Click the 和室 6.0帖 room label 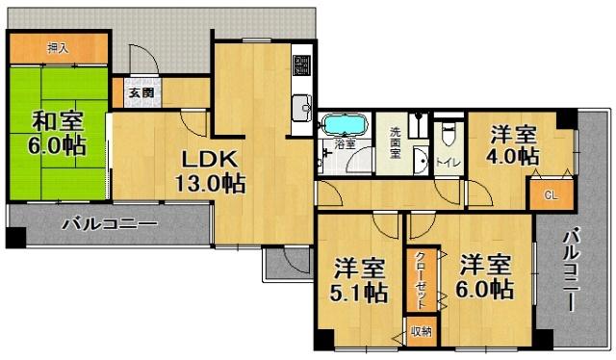(x=59, y=134)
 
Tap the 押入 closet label (x=59, y=47)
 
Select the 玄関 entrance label (x=135, y=94)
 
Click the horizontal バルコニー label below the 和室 (x=108, y=225)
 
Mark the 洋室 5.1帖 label (x=361, y=278)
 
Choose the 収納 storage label (x=420, y=331)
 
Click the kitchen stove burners (x=301, y=65)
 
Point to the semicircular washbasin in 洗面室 (x=422, y=159)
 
